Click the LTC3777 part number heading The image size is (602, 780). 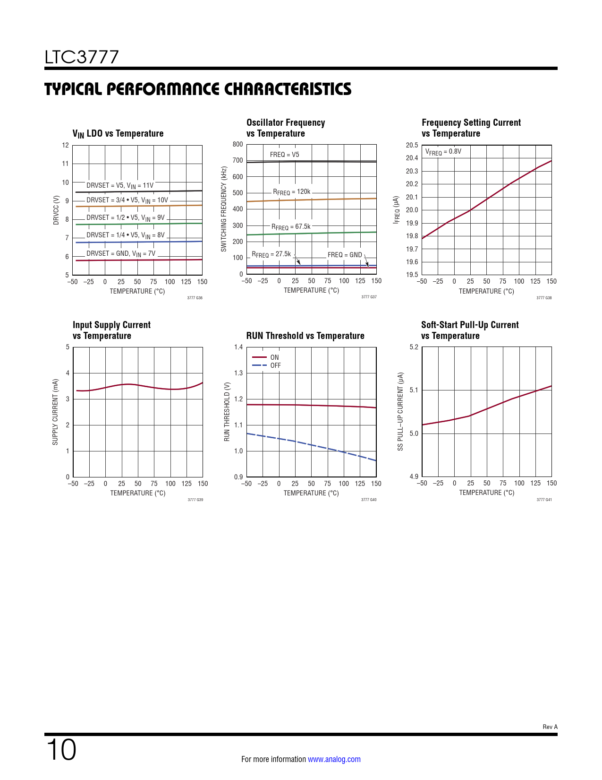(x=82, y=57)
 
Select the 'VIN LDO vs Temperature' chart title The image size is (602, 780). (x=118, y=134)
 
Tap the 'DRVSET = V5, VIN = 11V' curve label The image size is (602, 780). (x=120, y=185)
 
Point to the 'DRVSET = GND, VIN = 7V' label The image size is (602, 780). (x=121, y=254)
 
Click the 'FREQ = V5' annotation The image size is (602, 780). (x=284, y=155)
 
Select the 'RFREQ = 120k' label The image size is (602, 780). (x=292, y=192)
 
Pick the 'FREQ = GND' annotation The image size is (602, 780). (x=345, y=255)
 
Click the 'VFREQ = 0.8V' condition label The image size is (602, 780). (x=443, y=152)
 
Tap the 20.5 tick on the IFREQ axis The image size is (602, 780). (x=412, y=145)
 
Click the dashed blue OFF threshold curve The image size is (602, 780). (x=312, y=445)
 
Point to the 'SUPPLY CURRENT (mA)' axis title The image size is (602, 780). (x=55, y=412)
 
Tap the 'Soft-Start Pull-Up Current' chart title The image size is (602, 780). (x=469, y=325)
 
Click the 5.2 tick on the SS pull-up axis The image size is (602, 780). (x=414, y=347)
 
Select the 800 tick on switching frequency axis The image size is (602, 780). (x=237, y=144)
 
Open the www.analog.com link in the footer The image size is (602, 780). (x=334, y=759)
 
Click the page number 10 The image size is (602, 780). (x=61, y=750)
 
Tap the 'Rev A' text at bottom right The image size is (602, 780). (x=550, y=727)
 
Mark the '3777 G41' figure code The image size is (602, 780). (x=544, y=500)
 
